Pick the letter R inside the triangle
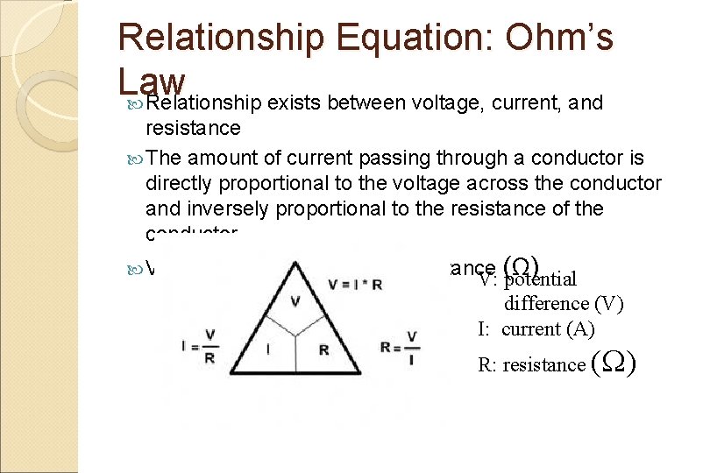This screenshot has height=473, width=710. click(323, 349)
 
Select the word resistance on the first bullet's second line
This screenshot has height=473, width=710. click(193, 128)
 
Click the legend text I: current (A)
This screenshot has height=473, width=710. click(536, 329)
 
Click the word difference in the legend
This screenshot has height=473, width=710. click(546, 303)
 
